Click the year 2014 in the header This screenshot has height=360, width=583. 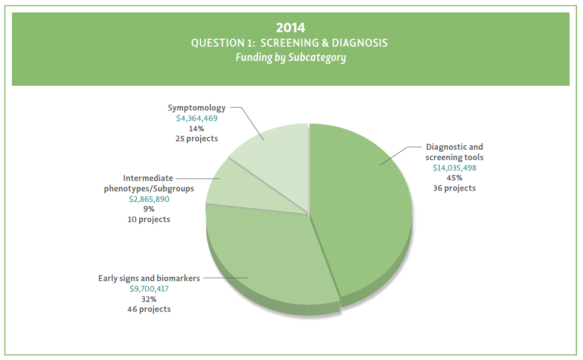point(291,27)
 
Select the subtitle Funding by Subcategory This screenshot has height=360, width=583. point(291,58)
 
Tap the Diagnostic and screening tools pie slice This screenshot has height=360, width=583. point(367,208)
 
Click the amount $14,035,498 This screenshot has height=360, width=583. point(455,168)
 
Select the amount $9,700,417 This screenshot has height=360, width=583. point(149,288)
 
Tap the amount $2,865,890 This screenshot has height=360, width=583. point(149,198)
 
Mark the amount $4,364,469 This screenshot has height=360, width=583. point(197,118)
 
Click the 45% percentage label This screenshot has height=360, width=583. point(455,178)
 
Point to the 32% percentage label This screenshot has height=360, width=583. point(149,299)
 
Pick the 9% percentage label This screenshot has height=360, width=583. point(149,209)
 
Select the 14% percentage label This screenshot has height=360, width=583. point(197,128)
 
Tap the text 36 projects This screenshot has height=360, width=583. point(455,188)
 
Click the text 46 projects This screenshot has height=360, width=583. point(149,309)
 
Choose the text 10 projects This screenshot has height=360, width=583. point(149,219)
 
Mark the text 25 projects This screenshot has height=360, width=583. point(197,138)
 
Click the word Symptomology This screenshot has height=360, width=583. point(197,108)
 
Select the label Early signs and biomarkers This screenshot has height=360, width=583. point(149,278)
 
